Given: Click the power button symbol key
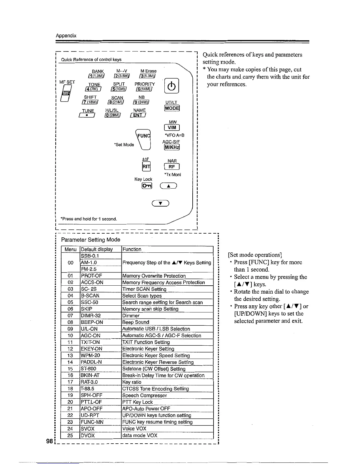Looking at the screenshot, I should click(172, 86).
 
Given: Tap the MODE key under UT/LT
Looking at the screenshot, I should click(172, 108).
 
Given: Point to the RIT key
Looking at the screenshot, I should click(146, 167).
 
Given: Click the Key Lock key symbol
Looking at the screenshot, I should click(147, 186).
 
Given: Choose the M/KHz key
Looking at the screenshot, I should click(172, 147).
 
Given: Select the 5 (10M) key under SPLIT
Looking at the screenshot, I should click(118, 89).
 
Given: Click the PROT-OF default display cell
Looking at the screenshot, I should click(101, 276).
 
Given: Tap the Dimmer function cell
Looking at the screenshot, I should click(167, 316).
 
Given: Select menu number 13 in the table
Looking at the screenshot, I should click(70, 355).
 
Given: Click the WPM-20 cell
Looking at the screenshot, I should click(101, 355).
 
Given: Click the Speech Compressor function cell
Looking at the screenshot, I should click(167, 395).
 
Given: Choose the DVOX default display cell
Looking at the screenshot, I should click(101, 435).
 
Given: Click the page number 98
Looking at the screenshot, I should click(49, 441).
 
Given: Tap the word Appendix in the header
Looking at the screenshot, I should click(66, 36).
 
